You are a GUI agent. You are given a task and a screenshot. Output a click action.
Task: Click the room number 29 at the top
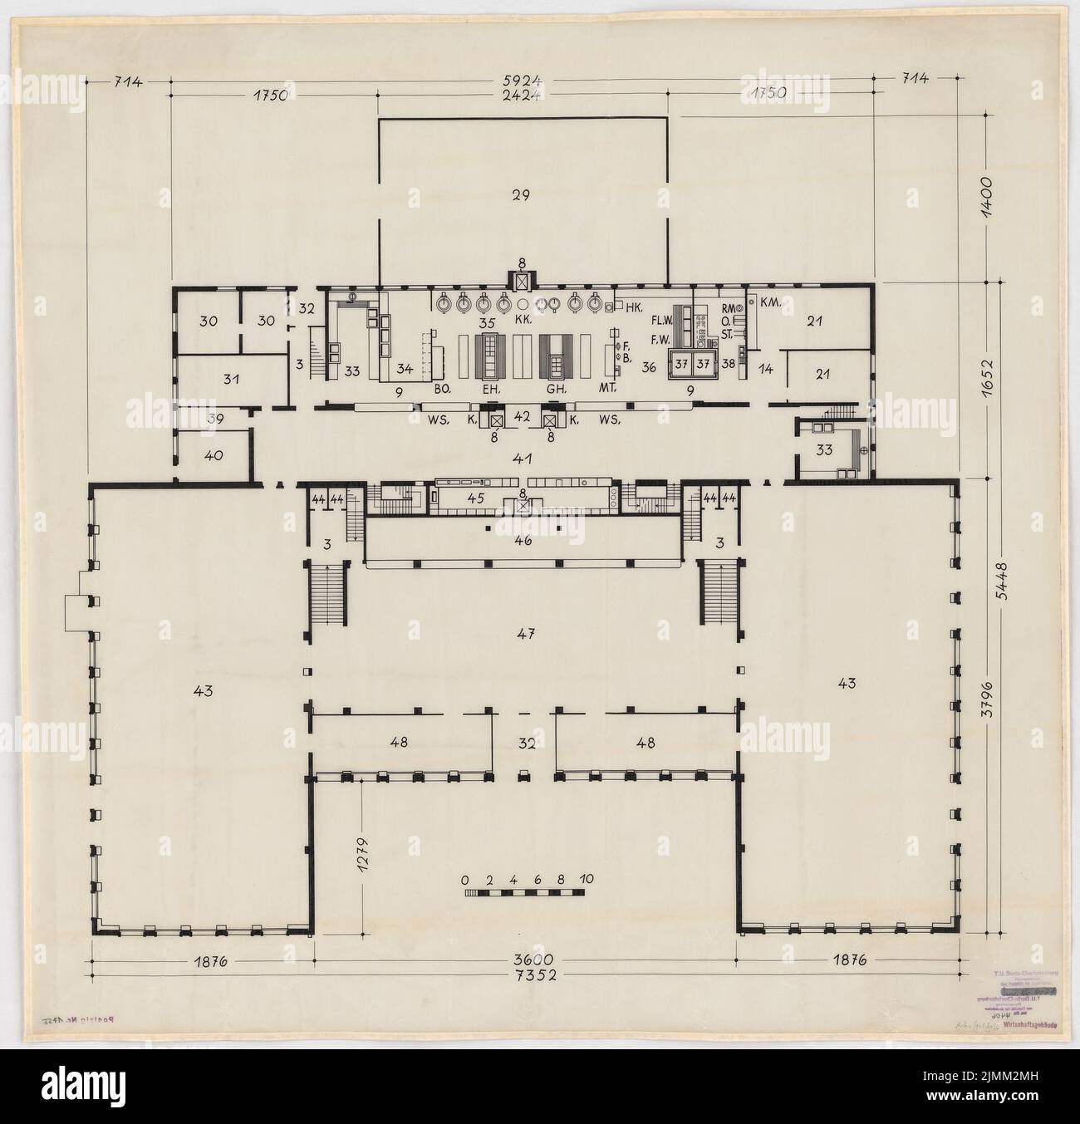point(521,194)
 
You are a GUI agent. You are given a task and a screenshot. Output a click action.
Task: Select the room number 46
point(523,541)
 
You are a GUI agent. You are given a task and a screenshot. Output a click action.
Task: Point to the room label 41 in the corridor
point(523,458)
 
